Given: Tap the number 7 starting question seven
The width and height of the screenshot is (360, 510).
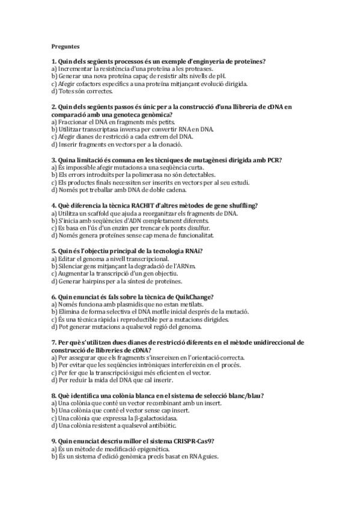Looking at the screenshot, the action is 53,342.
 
